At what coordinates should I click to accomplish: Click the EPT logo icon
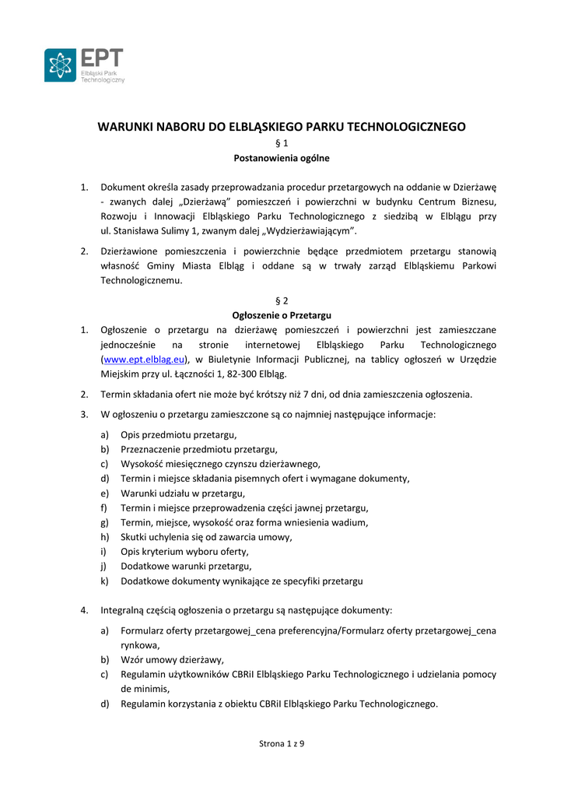(60, 65)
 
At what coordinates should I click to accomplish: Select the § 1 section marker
(282, 143)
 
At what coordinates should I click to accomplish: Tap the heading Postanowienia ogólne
(282, 158)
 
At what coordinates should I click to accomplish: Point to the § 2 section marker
(282, 300)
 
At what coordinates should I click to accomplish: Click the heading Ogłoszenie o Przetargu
(282, 315)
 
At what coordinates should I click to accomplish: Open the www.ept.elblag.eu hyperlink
(144, 359)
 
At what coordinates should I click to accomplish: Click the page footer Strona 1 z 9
(282, 743)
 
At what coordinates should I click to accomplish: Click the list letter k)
(104, 581)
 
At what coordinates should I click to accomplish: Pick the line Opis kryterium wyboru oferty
(184, 551)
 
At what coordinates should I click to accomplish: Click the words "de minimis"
(145, 689)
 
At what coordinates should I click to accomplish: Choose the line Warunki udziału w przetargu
(183, 493)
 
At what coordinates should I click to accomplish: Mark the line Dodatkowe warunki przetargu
(186, 566)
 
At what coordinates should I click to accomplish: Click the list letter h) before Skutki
(104, 537)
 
